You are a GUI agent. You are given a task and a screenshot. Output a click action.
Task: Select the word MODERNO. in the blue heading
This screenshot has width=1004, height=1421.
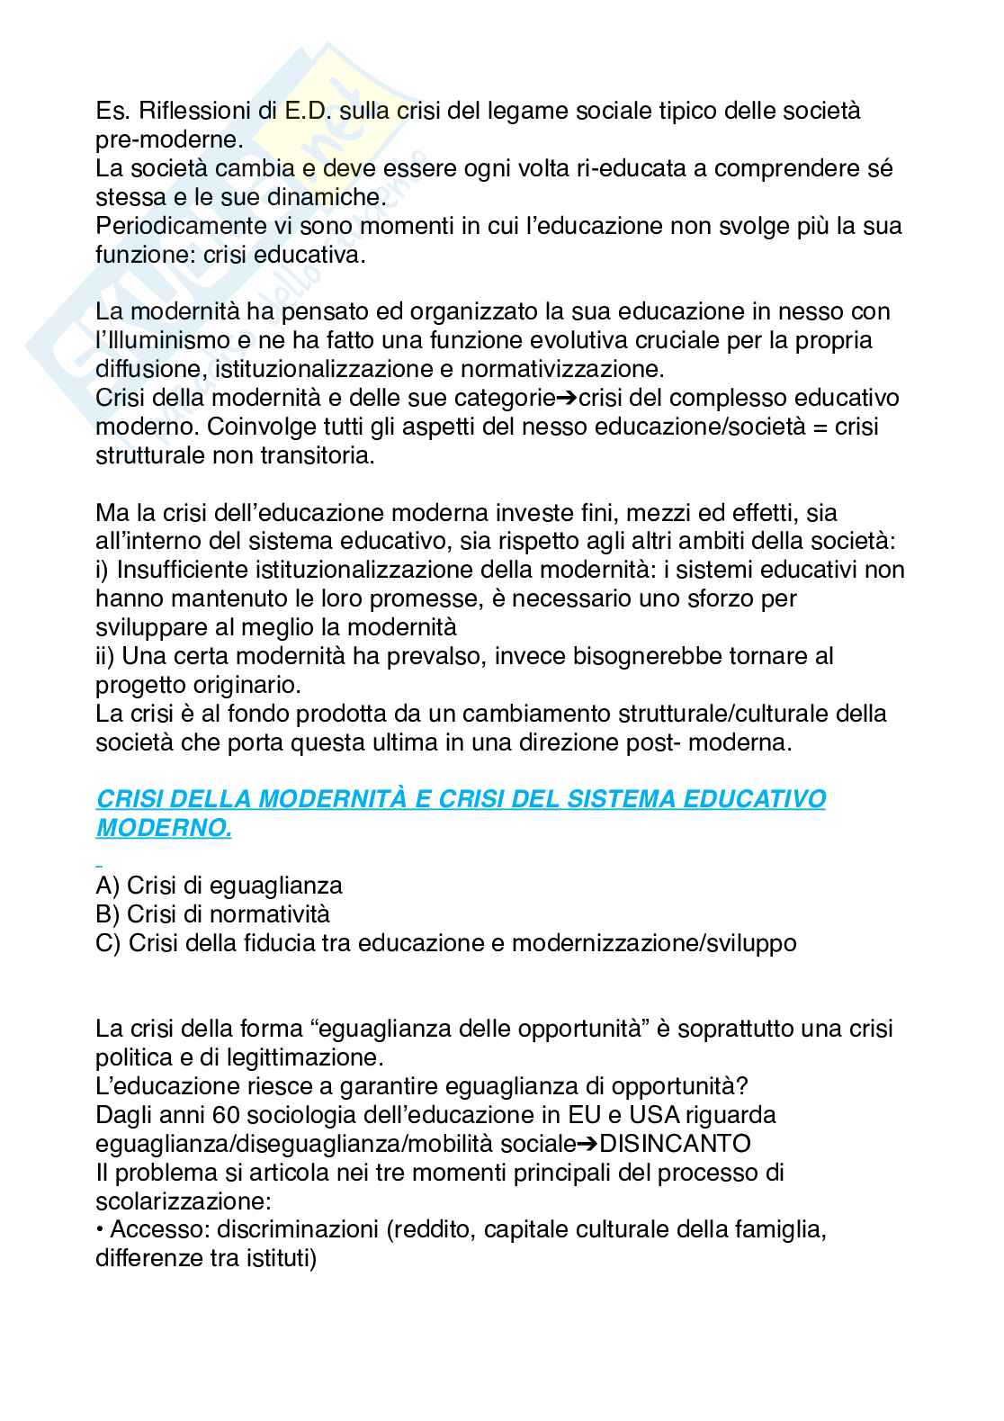pyautogui.click(x=164, y=828)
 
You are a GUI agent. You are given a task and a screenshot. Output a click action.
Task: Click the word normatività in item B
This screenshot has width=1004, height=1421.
pyautogui.click(x=270, y=914)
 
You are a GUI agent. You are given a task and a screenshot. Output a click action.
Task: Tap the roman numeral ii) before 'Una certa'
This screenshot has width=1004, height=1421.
pyautogui.click(x=105, y=656)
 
